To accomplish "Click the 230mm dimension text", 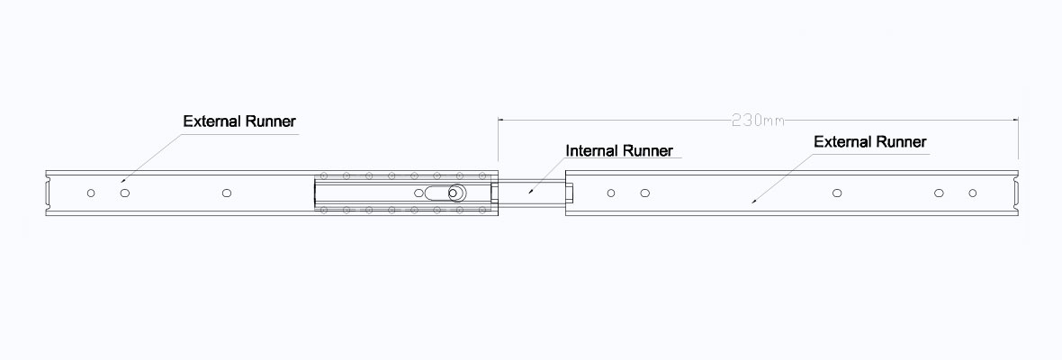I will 757,120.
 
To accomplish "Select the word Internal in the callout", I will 592,150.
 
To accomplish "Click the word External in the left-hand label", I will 211,121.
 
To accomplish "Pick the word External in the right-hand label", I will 842,142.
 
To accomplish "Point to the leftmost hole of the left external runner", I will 90,193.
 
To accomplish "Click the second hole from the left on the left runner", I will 125,193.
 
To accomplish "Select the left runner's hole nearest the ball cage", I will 227,193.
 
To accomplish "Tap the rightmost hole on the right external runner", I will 972,193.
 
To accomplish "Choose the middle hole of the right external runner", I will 837,193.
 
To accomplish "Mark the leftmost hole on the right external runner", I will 611,193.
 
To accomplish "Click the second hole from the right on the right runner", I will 938,193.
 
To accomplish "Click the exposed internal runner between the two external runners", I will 531,193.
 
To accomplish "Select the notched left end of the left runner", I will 47,193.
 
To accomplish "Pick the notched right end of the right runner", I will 1014,193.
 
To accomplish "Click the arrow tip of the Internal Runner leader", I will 530,192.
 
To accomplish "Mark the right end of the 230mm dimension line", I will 1017,120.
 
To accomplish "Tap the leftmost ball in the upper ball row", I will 323,175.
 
